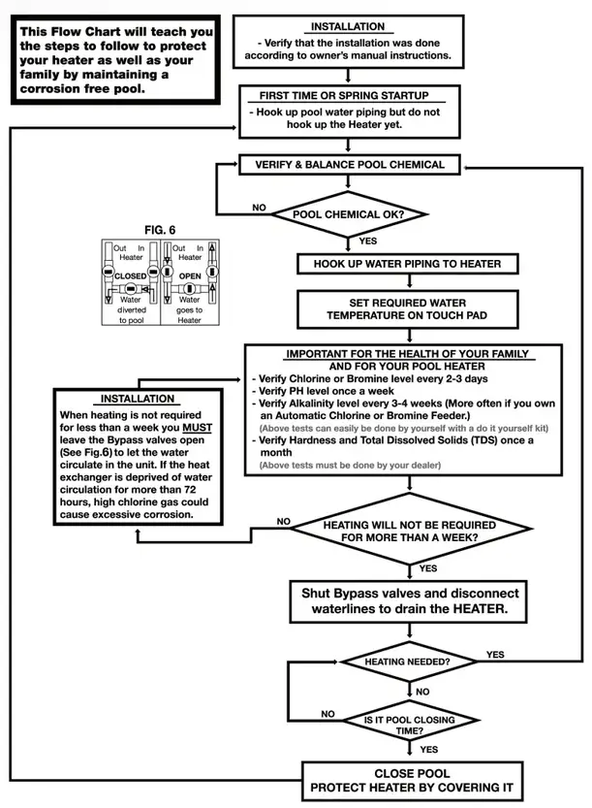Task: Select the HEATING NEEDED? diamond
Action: point(407,662)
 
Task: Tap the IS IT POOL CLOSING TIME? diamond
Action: point(406,725)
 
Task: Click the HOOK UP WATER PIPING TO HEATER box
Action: point(407,264)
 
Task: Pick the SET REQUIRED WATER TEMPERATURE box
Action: point(407,309)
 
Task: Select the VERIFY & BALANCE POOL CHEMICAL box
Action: point(350,165)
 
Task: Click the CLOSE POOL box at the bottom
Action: point(408,780)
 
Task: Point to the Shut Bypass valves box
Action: point(408,602)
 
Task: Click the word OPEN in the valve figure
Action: point(190,276)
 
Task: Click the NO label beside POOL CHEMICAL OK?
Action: point(259,208)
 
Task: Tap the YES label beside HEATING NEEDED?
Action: point(494,655)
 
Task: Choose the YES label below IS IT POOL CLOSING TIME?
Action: point(428,750)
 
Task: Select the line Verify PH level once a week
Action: point(316,391)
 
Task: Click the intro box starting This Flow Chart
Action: point(116,60)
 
